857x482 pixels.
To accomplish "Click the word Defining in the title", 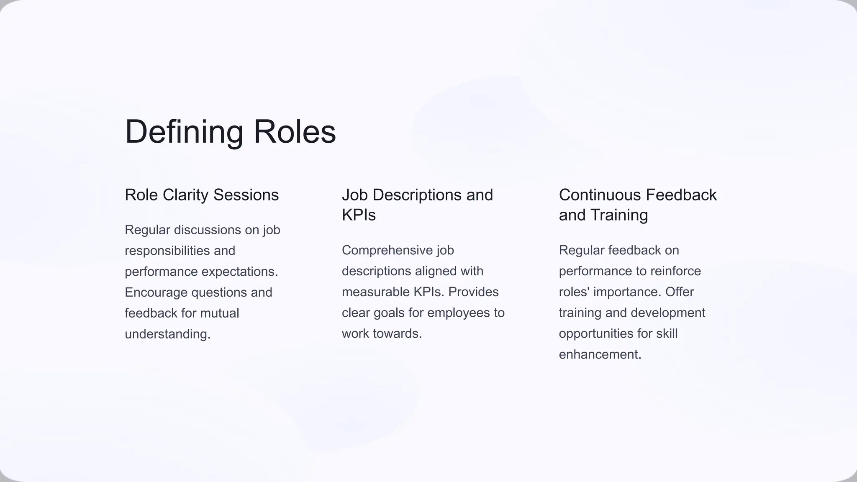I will (184, 132).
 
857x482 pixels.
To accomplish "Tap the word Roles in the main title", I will (295, 132).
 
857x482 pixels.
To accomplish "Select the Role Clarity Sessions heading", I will (202, 195).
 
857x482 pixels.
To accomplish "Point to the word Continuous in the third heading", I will (600, 195).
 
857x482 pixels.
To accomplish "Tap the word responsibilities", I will (167, 251).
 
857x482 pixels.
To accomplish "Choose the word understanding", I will (167, 334).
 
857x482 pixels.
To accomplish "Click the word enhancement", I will (600, 354).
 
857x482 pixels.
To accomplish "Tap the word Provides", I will (473, 292).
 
